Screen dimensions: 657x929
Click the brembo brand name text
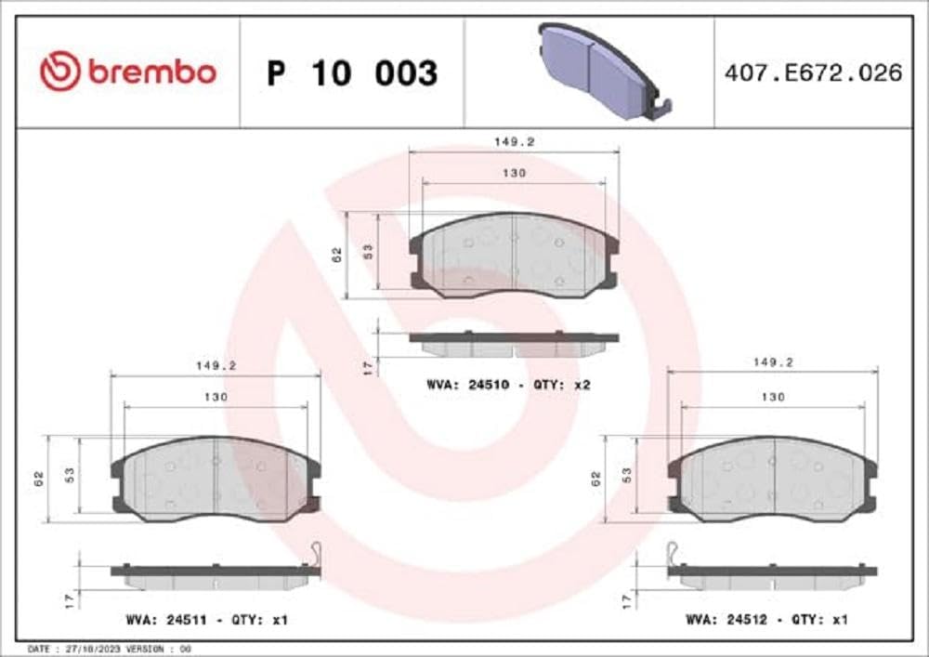point(151,72)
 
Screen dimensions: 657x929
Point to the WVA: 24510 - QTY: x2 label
point(508,384)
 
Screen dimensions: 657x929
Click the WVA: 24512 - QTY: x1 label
point(766,618)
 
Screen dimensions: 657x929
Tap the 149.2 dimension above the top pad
point(513,142)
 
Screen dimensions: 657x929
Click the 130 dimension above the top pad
point(514,173)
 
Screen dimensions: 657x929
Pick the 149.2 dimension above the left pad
point(215,366)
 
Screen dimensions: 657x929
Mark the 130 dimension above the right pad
point(772,397)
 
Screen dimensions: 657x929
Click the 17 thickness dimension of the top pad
point(368,367)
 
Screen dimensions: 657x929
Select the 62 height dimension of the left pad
point(40,480)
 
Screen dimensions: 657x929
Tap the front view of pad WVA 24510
point(514,255)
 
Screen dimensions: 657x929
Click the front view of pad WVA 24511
point(215,479)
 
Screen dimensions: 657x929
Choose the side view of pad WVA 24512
point(772,575)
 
